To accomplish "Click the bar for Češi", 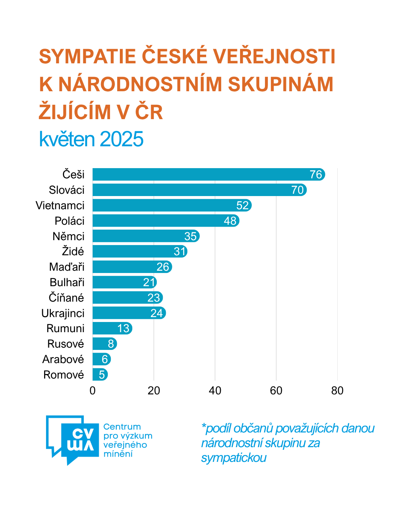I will pyautogui.click(x=207, y=175).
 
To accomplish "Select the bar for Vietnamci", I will pyautogui.click(x=171, y=205).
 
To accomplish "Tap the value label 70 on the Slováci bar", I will pyautogui.click(x=297, y=190).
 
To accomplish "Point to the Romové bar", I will pyautogui.click(x=100, y=375).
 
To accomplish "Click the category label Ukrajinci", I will pyautogui.click(x=63, y=313).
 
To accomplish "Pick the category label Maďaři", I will pyautogui.click(x=67, y=267).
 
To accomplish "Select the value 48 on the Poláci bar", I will pyautogui.click(x=230, y=221).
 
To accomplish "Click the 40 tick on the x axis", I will pyautogui.click(x=215, y=391).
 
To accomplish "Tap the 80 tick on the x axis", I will pyautogui.click(x=337, y=391).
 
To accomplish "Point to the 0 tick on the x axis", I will pyautogui.click(x=93, y=391).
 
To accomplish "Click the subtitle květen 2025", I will pyautogui.click(x=91, y=139).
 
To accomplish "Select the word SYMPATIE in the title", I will pyautogui.click(x=87, y=57).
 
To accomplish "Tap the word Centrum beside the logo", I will pyautogui.click(x=122, y=427).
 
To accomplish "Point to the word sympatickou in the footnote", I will pyautogui.click(x=234, y=458).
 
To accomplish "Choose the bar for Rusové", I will pyautogui.click(x=104, y=344).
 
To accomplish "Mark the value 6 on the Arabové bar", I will pyautogui.click(x=105, y=359).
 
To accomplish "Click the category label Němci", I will pyautogui.click(x=69, y=236).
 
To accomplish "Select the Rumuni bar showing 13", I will pyautogui.click(x=112, y=328).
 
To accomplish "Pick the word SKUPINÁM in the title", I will pyautogui.click(x=280, y=84).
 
